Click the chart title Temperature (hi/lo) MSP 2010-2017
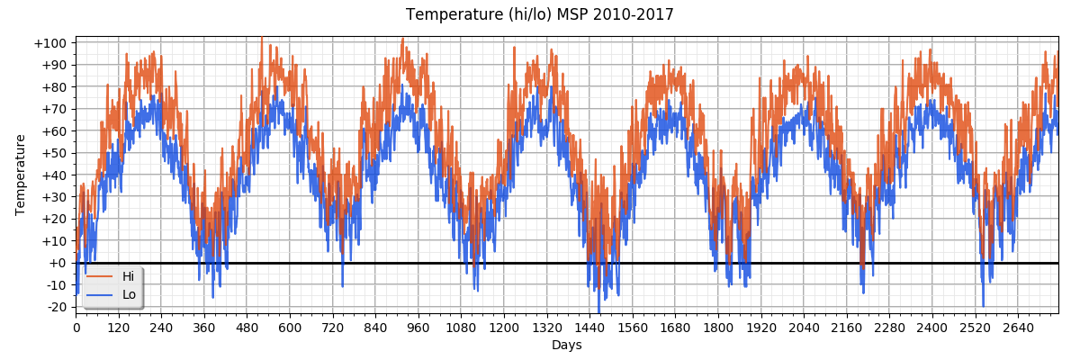[539, 15]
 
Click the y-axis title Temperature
[21, 175]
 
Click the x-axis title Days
[566, 346]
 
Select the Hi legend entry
[129, 277]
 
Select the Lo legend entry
[129, 295]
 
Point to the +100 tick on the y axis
[49, 43]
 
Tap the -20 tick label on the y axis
[54, 307]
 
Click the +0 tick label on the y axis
[57, 263]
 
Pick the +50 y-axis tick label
[53, 153]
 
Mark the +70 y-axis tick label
[53, 109]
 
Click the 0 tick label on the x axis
[76, 328]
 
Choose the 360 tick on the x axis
[204, 328]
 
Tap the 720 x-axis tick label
[333, 328]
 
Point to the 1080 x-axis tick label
[461, 328]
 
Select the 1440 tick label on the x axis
[589, 328]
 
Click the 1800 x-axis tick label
[717, 328]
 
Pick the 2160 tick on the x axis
[846, 328]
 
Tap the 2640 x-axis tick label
[1017, 328]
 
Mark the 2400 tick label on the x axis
[931, 328]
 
